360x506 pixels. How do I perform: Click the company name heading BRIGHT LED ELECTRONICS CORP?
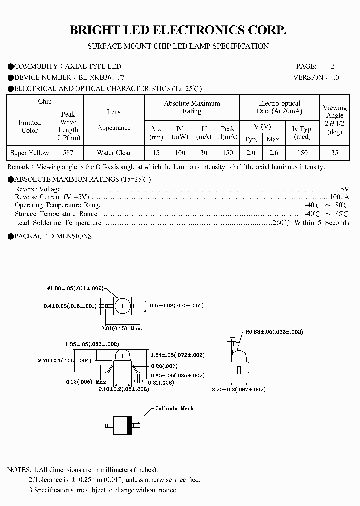178,31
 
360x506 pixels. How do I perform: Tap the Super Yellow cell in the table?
30,153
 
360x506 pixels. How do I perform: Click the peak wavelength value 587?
68,153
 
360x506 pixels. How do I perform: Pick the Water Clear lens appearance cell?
114,153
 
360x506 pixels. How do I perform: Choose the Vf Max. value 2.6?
274,153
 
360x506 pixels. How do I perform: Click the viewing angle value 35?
334,153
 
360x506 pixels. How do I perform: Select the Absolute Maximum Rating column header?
192,107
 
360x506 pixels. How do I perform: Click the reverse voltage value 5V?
344,189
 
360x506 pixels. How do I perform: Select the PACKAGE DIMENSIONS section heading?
53,236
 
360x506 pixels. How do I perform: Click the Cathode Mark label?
174,408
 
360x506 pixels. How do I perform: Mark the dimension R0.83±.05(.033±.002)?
274,332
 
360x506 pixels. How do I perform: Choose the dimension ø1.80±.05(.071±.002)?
75,288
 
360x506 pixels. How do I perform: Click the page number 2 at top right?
332,66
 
